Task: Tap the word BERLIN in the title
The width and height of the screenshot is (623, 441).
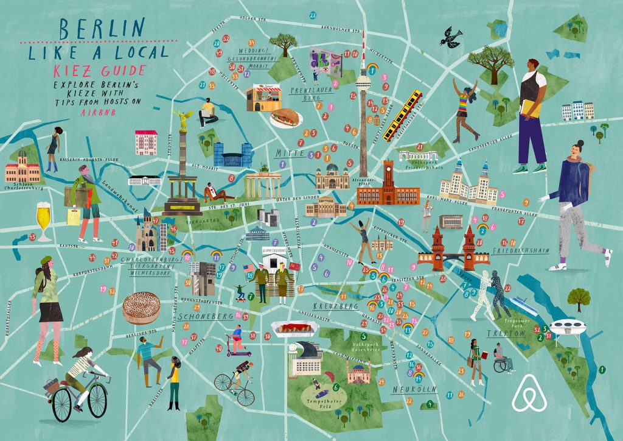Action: [102, 29]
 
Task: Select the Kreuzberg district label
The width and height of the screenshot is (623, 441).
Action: [335, 306]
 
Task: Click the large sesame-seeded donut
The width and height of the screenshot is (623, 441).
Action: [141, 309]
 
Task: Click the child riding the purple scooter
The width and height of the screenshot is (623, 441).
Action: [236, 341]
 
